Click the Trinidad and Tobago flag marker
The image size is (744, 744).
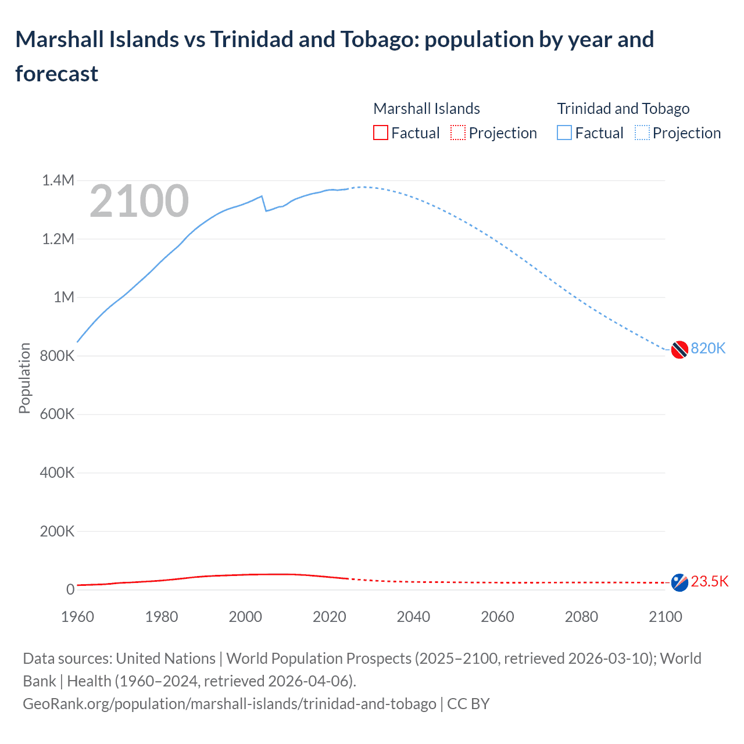coord(679,350)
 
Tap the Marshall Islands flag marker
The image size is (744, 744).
coord(679,582)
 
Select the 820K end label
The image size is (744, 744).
coord(708,348)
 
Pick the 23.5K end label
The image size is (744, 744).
coord(710,581)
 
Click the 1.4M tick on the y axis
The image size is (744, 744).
coord(58,180)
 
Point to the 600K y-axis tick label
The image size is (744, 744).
coord(57,414)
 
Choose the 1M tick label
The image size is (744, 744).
coord(64,297)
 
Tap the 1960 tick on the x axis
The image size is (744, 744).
coord(77,617)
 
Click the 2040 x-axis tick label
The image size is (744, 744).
coord(413,617)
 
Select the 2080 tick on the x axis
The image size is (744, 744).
coord(581,617)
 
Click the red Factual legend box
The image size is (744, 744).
coord(381,133)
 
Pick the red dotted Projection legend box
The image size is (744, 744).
coord(458,133)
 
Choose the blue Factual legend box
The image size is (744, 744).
coord(564,133)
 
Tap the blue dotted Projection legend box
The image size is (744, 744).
coord(642,133)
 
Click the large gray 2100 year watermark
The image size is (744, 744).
coord(139,201)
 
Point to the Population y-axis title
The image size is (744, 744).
coord(24,378)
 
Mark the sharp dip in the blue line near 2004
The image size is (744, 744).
coord(266,210)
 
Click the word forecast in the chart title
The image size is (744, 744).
coord(57,74)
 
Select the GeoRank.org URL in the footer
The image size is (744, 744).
coord(230,704)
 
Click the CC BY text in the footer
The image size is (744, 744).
coord(468,704)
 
